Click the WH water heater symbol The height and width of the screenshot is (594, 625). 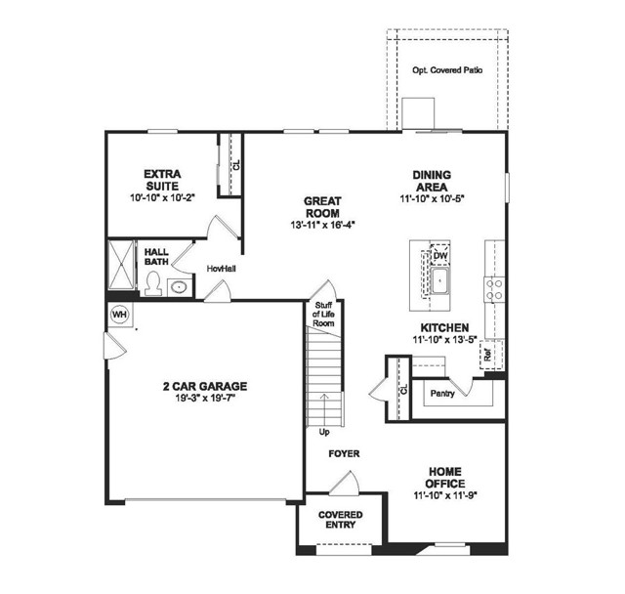click(x=119, y=315)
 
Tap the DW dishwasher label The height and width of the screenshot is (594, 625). click(x=440, y=256)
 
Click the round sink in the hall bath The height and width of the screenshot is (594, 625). click(x=179, y=287)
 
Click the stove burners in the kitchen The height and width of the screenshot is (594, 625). click(x=494, y=287)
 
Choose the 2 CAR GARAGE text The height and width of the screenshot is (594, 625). click(x=205, y=385)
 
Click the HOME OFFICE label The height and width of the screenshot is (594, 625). click(x=444, y=478)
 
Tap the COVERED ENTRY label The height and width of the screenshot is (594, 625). click(x=340, y=520)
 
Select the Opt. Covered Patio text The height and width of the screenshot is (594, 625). click(x=447, y=71)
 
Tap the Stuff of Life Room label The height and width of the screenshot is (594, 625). click(x=324, y=315)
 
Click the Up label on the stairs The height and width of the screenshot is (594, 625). click(x=322, y=430)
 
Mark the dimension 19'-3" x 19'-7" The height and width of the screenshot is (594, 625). click(x=205, y=399)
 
